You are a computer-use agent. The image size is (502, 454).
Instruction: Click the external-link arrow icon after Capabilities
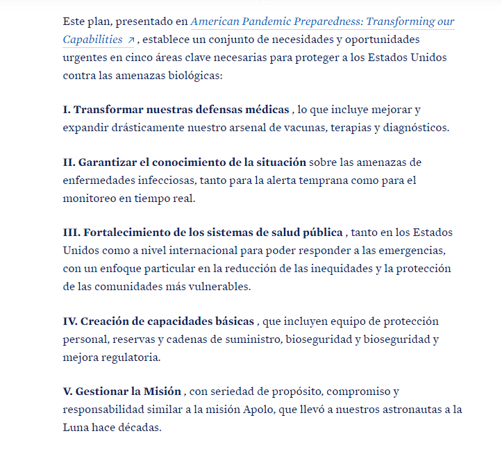pyautogui.click(x=131, y=40)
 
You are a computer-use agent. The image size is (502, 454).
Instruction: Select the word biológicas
pyautogui.click(x=198, y=75)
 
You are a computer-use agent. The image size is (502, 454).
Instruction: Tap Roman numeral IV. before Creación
pyautogui.click(x=70, y=321)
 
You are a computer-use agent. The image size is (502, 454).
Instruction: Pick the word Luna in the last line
pyautogui.click(x=75, y=428)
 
